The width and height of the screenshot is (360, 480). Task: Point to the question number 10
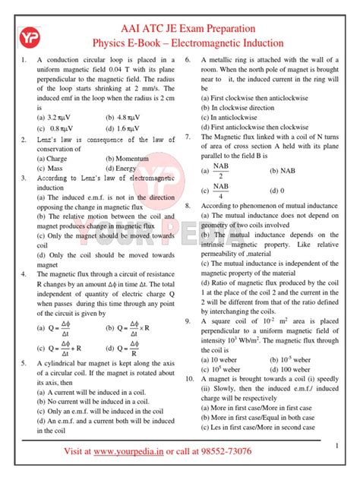[x=190, y=356]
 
